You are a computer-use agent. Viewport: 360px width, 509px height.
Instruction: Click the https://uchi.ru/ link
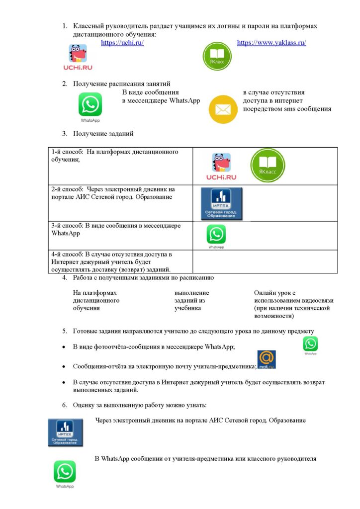pos(122,43)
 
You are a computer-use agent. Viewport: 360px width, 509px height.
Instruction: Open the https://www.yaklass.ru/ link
pos(271,43)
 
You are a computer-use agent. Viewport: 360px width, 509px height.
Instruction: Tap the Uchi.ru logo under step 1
pos(78,57)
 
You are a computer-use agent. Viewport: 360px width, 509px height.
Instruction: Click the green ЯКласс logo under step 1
pos(217,56)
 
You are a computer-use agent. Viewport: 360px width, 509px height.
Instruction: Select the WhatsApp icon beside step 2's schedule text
pos(90,105)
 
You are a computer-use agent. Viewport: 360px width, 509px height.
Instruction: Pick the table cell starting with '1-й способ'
pos(121,166)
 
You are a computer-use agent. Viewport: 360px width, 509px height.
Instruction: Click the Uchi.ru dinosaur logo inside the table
pos(221,167)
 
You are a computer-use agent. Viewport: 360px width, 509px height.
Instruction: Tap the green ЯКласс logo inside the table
pos(268,166)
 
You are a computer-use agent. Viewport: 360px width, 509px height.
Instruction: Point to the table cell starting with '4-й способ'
pos(121,261)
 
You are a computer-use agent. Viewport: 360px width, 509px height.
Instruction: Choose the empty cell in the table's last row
pos(265,261)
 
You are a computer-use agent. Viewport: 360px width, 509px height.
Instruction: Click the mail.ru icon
pos(267,359)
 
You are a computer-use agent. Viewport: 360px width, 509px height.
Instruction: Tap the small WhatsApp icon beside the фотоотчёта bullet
pos(311,344)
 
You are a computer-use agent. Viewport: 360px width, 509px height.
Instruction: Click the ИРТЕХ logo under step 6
pos(65,432)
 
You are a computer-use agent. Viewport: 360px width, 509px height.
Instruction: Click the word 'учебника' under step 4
pos(187,308)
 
